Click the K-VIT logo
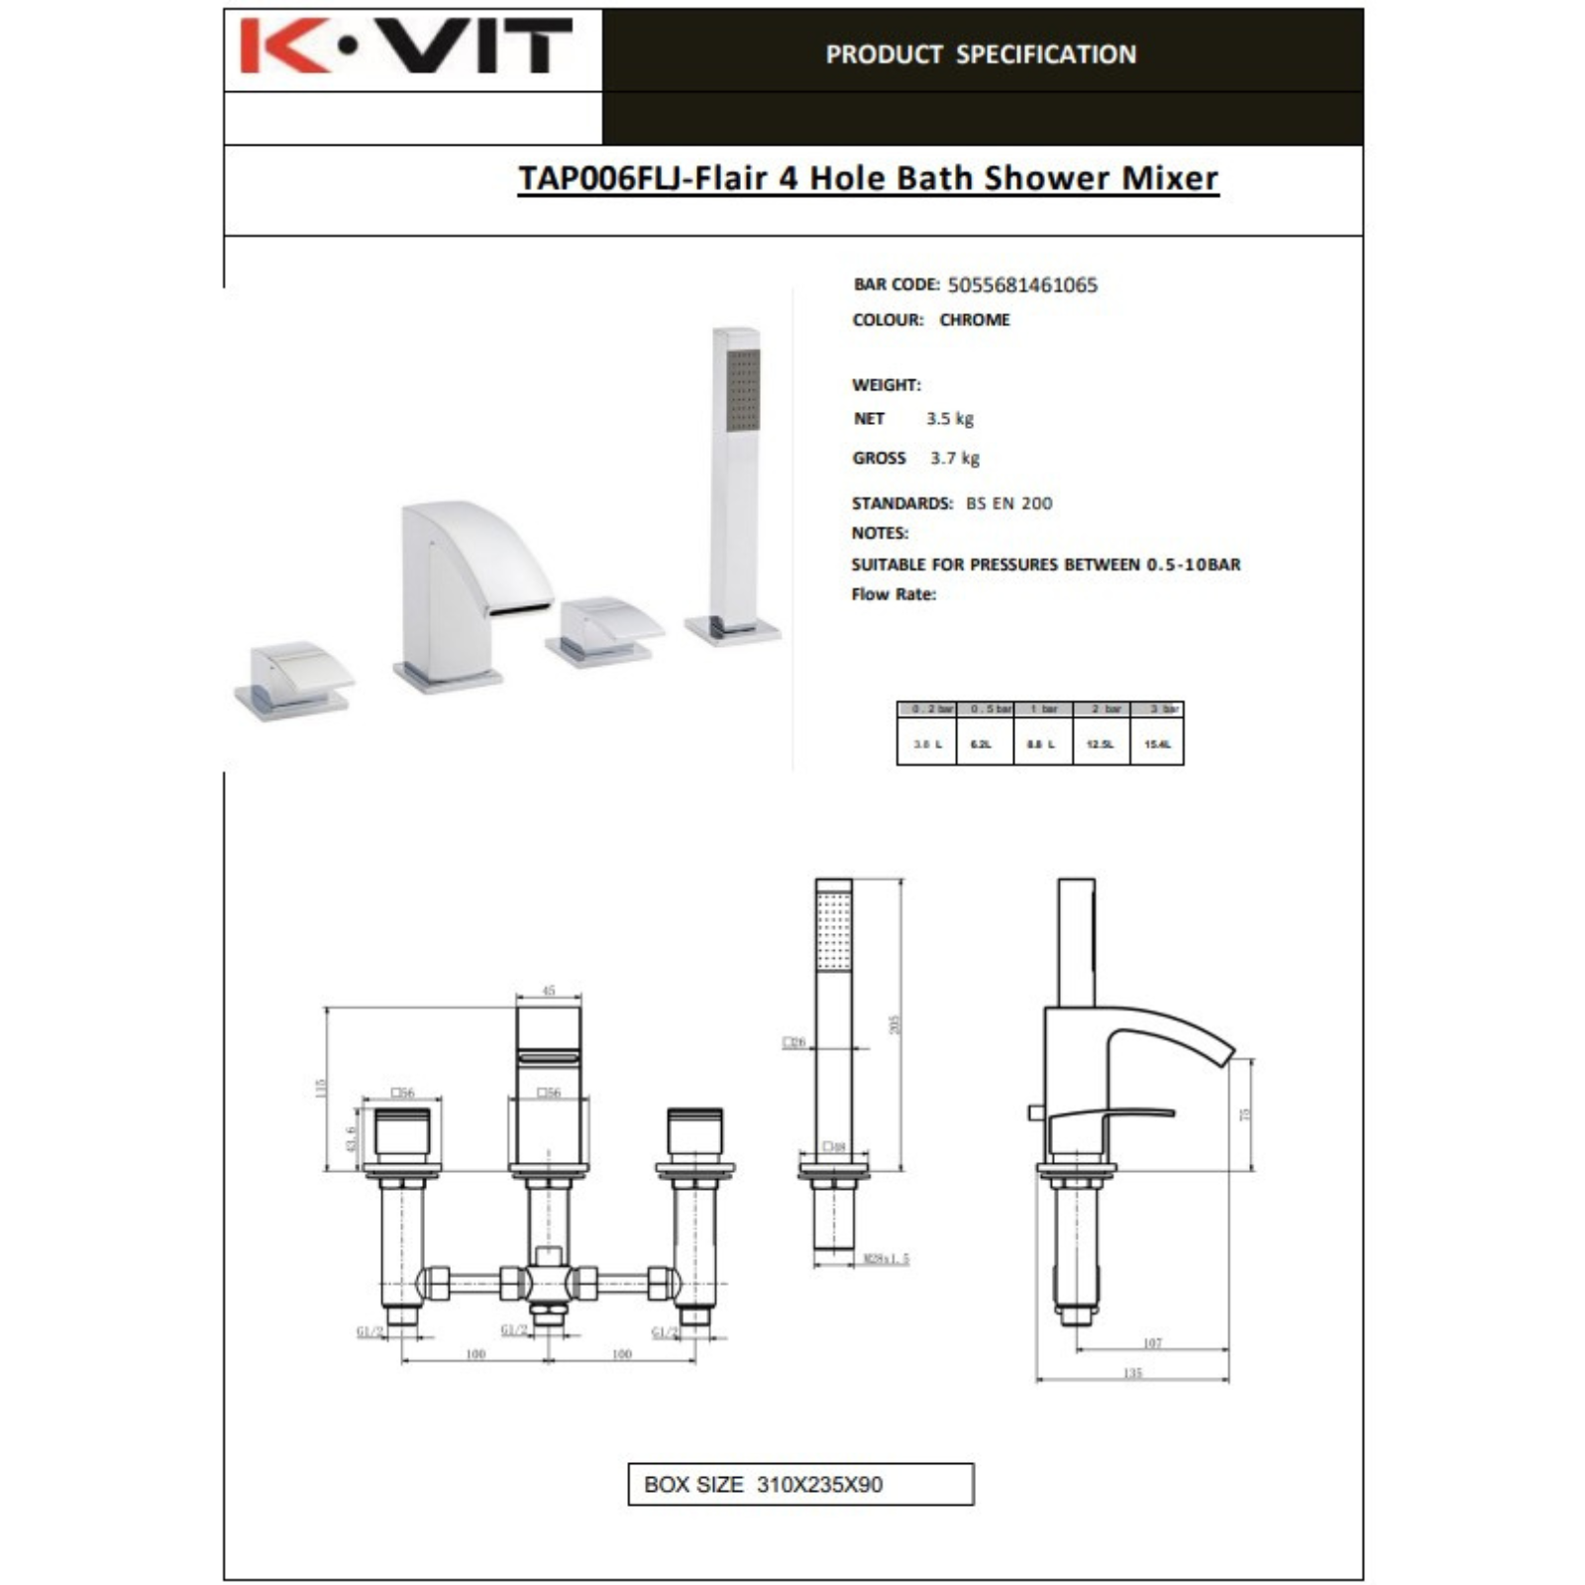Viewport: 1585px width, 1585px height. [x=406, y=47]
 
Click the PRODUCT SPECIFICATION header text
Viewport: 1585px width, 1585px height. [x=981, y=54]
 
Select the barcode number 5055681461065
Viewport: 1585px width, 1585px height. [x=1022, y=285]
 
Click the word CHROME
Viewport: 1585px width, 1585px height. [x=975, y=320]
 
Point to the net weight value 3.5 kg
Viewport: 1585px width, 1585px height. [x=950, y=419]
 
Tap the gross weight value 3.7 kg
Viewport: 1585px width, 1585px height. [x=955, y=458]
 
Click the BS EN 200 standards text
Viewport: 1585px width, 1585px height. [x=1009, y=503]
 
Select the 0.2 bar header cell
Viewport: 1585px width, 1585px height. [x=927, y=709]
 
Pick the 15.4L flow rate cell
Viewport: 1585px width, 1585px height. [x=1157, y=744]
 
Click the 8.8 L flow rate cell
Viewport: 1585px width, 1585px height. [x=1041, y=744]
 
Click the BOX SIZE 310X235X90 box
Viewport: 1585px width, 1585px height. [x=800, y=1484]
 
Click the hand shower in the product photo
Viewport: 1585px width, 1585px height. [x=736, y=475]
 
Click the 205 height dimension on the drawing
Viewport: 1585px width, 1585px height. [x=896, y=1023]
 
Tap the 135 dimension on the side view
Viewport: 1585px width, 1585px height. [x=1132, y=1372]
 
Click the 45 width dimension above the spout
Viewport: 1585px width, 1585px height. [x=549, y=991]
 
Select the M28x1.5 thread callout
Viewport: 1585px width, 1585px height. [x=886, y=1259]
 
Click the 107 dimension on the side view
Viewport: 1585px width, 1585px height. [x=1151, y=1343]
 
